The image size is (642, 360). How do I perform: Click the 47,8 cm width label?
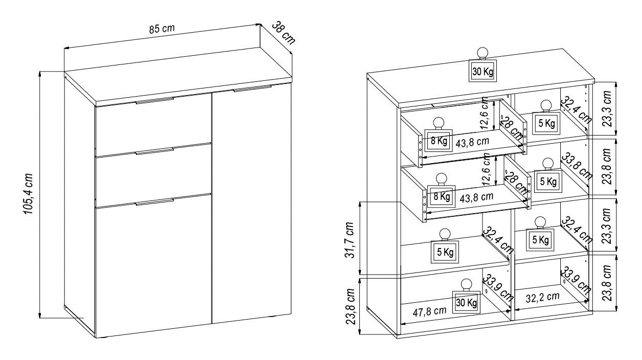tap(425, 310)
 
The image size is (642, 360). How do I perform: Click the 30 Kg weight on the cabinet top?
tap(483, 72)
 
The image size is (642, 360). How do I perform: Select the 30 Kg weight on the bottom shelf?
tap(467, 303)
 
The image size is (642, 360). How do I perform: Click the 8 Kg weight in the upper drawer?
tap(439, 142)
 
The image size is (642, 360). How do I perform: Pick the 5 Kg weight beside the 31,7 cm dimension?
tap(445, 252)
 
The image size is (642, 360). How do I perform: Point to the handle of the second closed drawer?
tap(154, 151)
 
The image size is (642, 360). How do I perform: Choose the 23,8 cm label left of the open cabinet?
tap(350, 305)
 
